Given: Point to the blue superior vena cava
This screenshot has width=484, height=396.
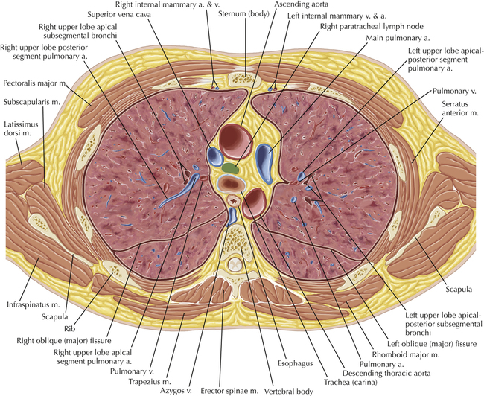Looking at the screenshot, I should click(214, 156).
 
